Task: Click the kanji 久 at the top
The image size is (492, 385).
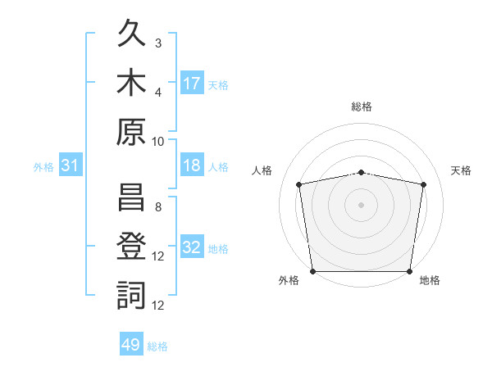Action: tap(131, 33)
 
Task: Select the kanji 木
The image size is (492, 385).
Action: tap(131, 82)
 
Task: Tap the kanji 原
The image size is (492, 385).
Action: tap(131, 132)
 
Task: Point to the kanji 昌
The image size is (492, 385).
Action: tap(131, 197)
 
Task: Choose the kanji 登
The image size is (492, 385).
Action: tap(131, 246)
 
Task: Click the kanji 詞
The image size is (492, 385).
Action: tap(131, 295)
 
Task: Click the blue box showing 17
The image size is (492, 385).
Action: tap(192, 82)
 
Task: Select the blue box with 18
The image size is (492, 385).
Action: tap(192, 165)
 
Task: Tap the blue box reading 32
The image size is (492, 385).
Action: tap(192, 246)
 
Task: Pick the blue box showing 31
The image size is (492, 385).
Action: tap(71, 165)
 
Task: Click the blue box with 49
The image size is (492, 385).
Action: tap(131, 343)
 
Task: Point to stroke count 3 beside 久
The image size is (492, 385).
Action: tap(158, 43)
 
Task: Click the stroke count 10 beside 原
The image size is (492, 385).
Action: tap(157, 142)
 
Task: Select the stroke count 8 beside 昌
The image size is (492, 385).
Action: tap(158, 207)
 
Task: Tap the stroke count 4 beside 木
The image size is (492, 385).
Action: tap(158, 93)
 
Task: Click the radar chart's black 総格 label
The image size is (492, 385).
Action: tap(362, 106)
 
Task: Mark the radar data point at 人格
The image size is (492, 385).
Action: tap(298, 184)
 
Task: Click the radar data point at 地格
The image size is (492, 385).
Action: tap(409, 271)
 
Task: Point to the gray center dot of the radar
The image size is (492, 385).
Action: tap(361, 205)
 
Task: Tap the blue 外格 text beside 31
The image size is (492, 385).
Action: tap(43, 167)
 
